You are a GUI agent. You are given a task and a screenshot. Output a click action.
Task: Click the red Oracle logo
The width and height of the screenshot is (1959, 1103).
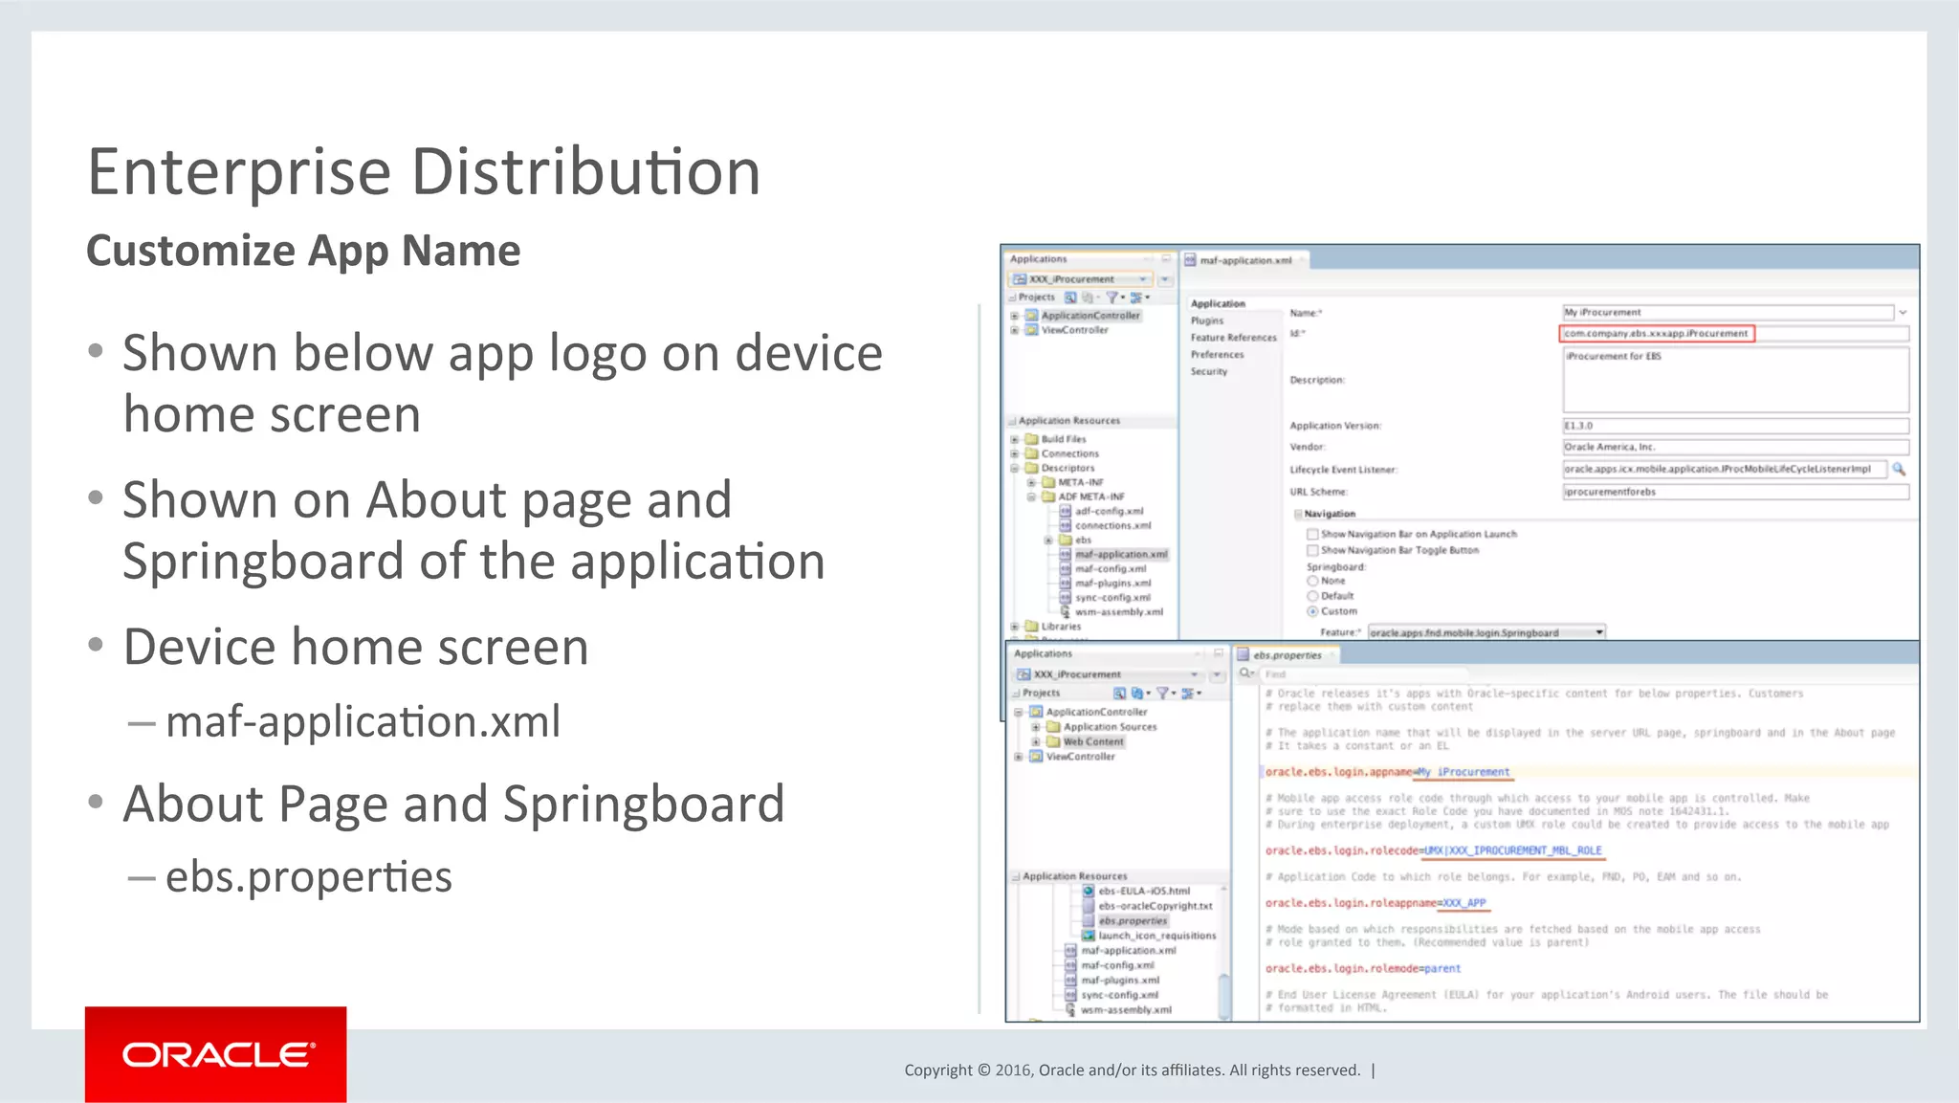click(x=215, y=1054)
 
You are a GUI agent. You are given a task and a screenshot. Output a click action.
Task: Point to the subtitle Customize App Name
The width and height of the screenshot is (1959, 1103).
click(x=303, y=251)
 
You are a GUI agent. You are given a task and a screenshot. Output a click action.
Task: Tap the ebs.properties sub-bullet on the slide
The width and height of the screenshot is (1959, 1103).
click(x=308, y=876)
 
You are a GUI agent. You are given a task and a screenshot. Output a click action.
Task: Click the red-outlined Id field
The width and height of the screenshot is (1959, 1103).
click(x=1657, y=334)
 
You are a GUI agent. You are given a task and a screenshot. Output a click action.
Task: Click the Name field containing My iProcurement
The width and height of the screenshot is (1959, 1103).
click(x=1727, y=313)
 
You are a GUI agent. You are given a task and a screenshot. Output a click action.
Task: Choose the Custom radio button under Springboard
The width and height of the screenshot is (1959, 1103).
click(x=1313, y=611)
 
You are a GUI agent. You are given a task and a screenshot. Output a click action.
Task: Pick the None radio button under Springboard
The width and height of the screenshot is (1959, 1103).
click(x=1313, y=581)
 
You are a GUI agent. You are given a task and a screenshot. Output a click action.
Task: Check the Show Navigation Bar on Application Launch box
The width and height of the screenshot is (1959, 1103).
click(x=1313, y=535)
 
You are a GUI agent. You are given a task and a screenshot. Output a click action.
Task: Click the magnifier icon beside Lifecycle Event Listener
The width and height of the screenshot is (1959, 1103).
click(x=1899, y=469)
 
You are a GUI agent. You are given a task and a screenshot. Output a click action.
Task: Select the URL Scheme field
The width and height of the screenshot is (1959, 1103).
click(x=1735, y=492)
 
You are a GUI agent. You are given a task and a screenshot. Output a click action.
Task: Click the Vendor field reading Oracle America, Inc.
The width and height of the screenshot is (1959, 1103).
click(x=1735, y=447)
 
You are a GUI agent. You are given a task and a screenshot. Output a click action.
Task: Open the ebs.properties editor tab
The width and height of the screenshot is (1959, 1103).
click(x=1287, y=655)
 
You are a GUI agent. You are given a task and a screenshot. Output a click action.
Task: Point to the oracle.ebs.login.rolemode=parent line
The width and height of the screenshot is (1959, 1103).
click(x=1362, y=968)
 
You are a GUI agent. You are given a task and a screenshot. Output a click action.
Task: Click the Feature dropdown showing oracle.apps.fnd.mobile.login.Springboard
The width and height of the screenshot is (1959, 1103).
click(x=1486, y=632)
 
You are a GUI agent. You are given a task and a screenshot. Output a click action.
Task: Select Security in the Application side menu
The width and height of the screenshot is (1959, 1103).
click(x=1209, y=371)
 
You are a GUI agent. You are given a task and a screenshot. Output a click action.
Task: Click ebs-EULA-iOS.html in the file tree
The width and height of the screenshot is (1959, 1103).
click(x=1144, y=891)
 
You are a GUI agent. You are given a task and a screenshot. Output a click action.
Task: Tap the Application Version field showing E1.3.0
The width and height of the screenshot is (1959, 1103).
click(x=1735, y=426)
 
